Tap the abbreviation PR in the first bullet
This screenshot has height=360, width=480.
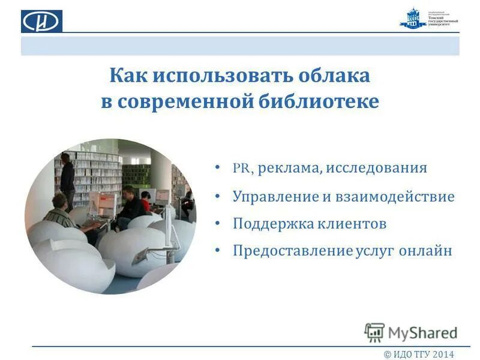click(241, 168)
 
